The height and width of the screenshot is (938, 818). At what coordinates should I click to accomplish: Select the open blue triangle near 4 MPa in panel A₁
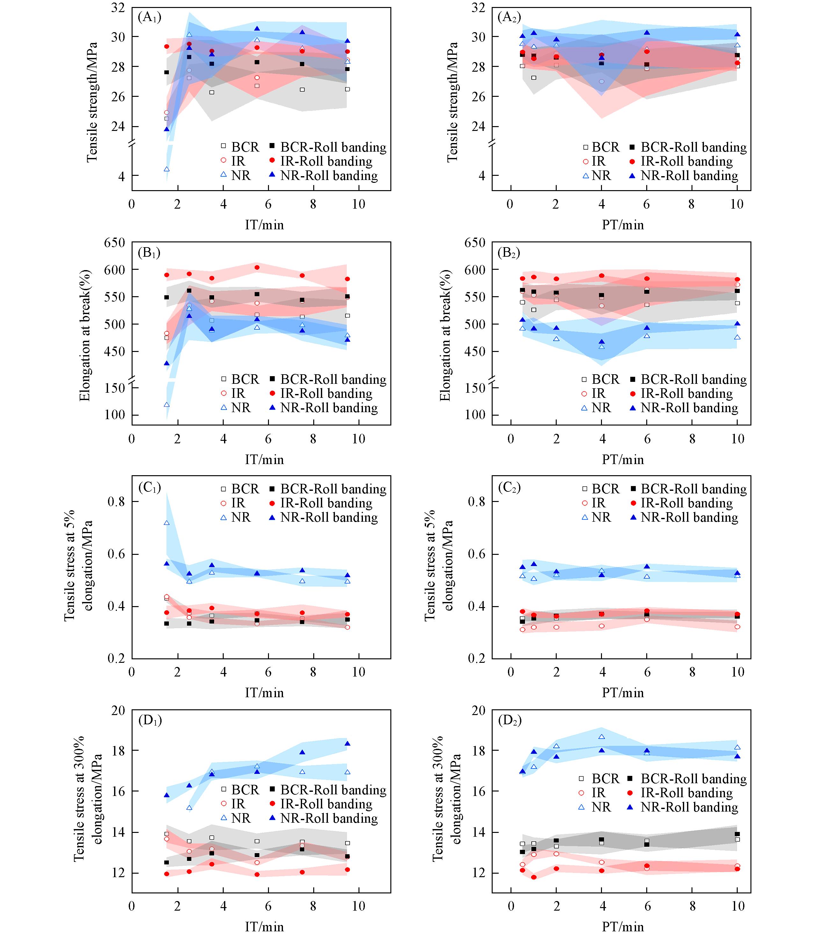(x=167, y=169)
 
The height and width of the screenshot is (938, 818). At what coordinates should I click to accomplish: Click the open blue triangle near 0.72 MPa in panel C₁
(x=167, y=523)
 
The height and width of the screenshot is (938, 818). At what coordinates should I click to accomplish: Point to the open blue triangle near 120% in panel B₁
(x=167, y=405)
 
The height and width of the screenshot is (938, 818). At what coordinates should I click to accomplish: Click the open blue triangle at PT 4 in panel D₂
(x=602, y=736)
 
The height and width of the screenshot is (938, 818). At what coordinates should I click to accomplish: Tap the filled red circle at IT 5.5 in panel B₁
(x=257, y=267)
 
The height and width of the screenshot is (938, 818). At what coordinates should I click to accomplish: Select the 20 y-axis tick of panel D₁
(x=118, y=711)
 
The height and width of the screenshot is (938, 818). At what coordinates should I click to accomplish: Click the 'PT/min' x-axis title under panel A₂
(x=623, y=225)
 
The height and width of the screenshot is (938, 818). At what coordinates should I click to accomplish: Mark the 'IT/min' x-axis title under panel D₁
(x=264, y=927)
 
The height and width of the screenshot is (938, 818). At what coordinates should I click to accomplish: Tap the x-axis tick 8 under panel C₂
(x=692, y=672)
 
